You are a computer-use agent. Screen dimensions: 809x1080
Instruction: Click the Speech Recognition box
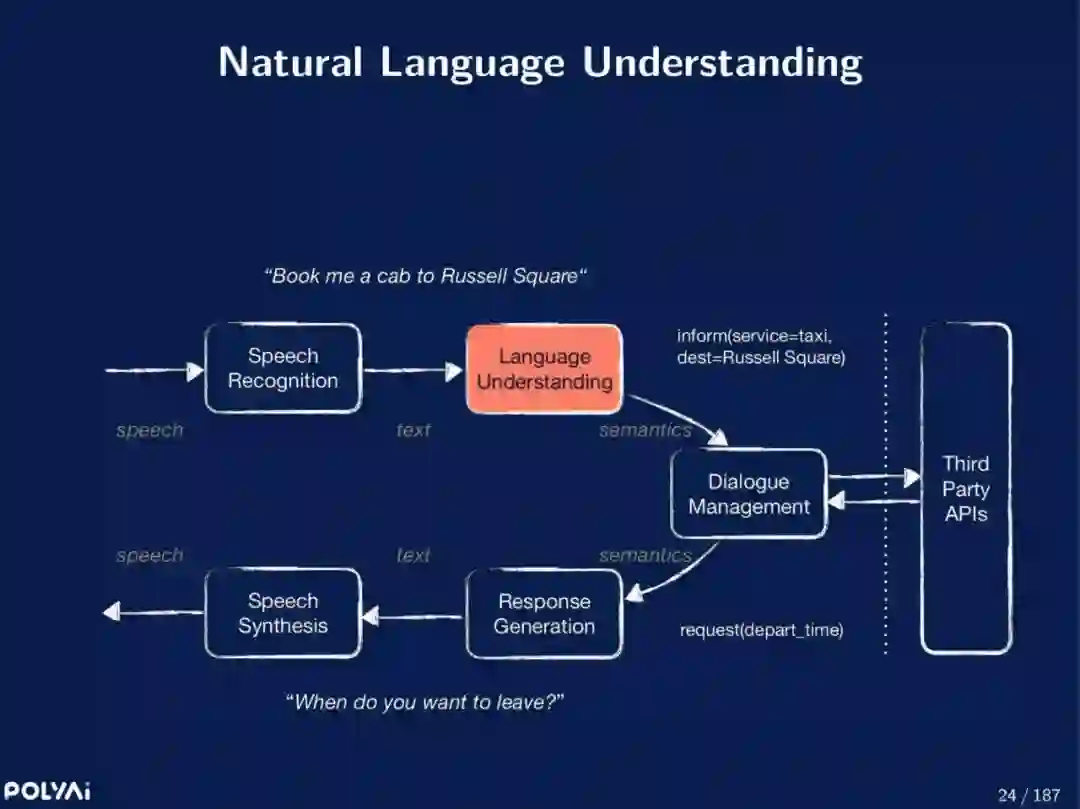[x=283, y=368]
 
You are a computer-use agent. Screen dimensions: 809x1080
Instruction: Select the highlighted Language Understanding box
[x=544, y=369]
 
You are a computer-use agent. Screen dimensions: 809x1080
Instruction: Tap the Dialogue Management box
[x=748, y=494]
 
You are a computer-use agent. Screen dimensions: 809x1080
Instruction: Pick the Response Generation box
[x=544, y=614]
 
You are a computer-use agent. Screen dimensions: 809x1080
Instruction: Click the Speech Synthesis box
[x=283, y=613]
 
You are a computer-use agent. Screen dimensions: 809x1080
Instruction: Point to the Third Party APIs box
[x=965, y=488]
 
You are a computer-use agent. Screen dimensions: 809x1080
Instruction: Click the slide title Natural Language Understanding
[x=540, y=62]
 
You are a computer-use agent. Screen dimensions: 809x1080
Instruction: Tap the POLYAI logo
[x=46, y=791]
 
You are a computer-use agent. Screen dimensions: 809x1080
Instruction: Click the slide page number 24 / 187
[x=1028, y=795]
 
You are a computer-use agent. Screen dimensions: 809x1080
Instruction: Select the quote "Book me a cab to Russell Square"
[x=425, y=276]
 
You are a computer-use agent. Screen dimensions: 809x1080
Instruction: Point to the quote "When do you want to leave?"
[x=425, y=702]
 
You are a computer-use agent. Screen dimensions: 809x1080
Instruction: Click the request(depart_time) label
[x=761, y=630]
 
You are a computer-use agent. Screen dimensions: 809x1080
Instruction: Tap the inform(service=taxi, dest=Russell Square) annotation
[x=761, y=347]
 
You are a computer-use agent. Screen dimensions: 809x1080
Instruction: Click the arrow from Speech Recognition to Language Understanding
[x=413, y=370]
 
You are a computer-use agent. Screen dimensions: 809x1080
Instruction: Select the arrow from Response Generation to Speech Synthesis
[x=413, y=617]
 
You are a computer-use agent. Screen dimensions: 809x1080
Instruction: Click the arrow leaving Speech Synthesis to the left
[x=153, y=612]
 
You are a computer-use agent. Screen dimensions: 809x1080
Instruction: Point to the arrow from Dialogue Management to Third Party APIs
[x=873, y=478]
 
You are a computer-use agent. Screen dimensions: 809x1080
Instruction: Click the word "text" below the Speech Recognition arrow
[x=413, y=430]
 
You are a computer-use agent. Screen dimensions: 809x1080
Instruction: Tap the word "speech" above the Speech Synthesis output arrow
[x=150, y=556]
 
